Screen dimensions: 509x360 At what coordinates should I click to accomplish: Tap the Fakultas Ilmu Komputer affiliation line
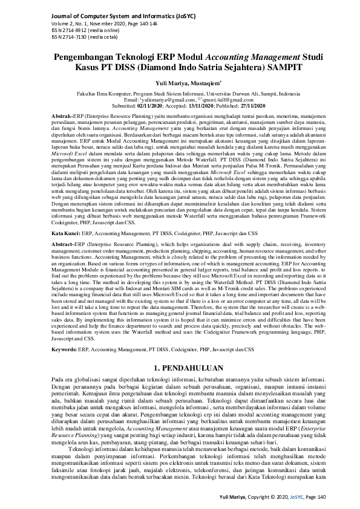point(180,95)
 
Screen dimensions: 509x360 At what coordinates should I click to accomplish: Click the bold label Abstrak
point(61,114)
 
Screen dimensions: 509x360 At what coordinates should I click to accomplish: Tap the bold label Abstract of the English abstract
point(61,243)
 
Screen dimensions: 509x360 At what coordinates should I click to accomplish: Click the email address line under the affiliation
point(180,100)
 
